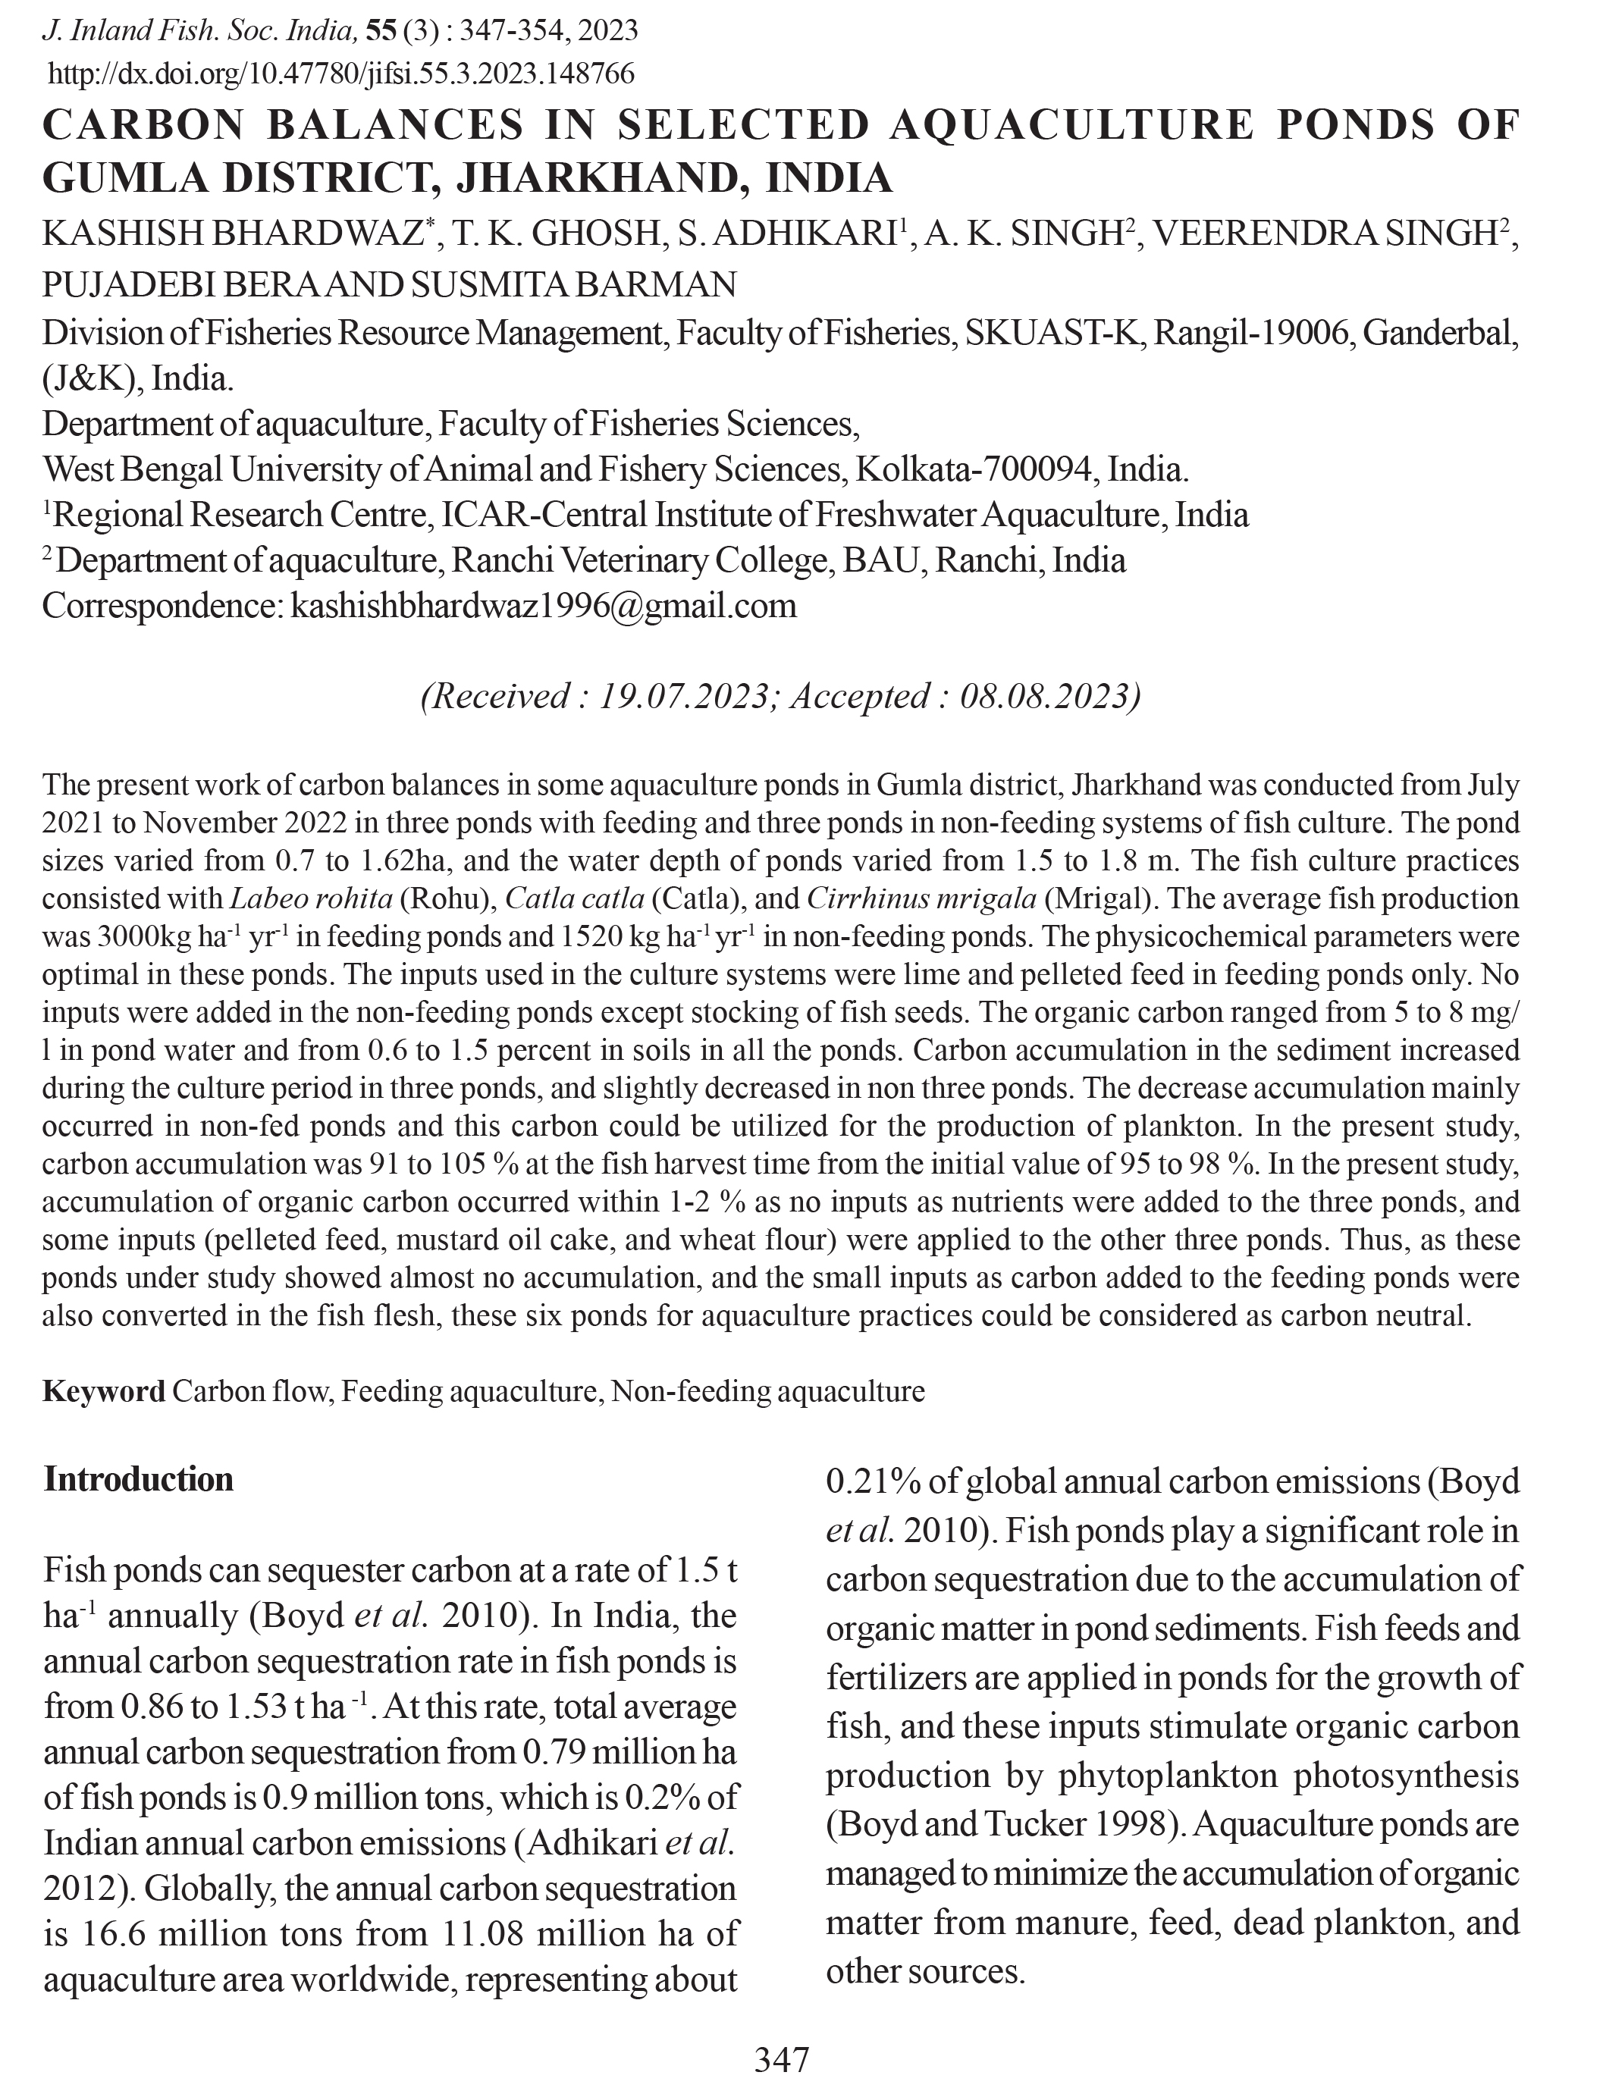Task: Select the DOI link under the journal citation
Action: coord(340,74)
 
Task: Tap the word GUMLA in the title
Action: coord(126,177)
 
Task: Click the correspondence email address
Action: coord(542,606)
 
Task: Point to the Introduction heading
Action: coord(138,1478)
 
